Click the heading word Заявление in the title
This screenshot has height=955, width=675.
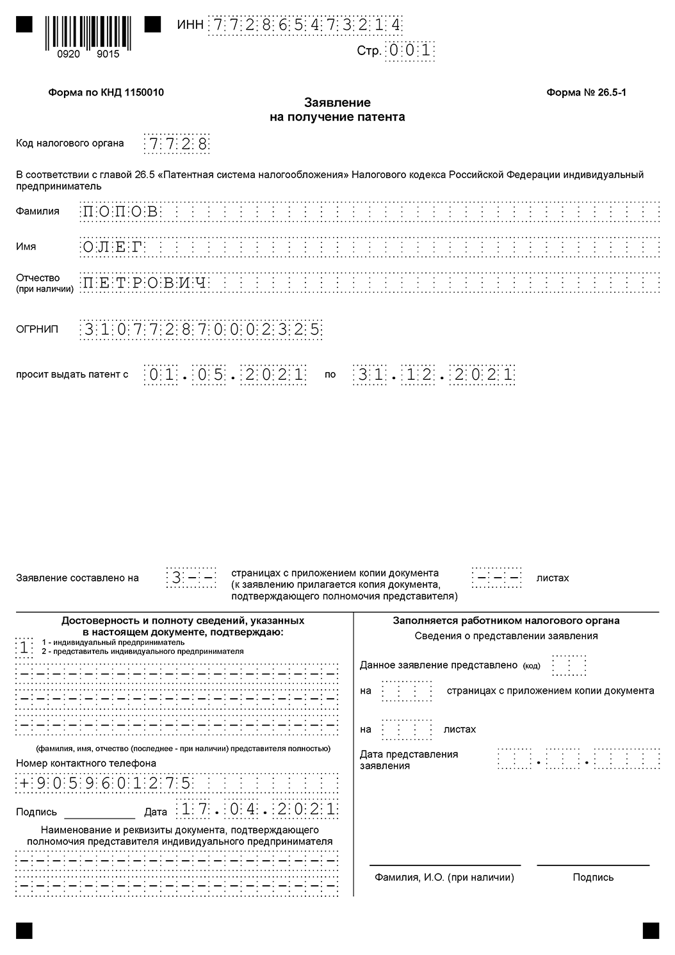pyautogui.click(x=337, y=102)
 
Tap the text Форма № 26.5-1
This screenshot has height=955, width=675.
pyautogui.click(x=586, y=92)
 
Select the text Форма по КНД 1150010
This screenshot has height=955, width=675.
pyautogui.click(x=106, y=92)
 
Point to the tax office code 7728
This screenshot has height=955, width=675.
pyautogui.click(x=176, y=143)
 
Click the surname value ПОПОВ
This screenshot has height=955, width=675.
pyautogui.click(x=120, y=211)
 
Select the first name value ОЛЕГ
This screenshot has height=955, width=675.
pyautogui.click(x=112, y=247)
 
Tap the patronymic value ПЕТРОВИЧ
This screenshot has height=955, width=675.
pyautogui.click(x=145, y=282)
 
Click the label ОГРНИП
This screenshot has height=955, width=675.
pyautogui.click(x=37, y=329)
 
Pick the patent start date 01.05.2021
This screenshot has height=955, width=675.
pyautogui.click(x=225, y=375)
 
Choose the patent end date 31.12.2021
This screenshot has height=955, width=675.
pyautogui.click(x=434, y=375)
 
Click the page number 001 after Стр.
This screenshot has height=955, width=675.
pyautogui.click(x=409, y=50)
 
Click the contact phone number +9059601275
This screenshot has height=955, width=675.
pyautogui.click(x=106, y=783)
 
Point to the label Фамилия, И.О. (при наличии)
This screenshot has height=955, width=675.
pyautogui.click(x=444, y=877)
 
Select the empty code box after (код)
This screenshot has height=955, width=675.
pyautogui.click(x=569, y=665)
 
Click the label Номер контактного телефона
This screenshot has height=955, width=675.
pyautogui.click(x=86, y=763)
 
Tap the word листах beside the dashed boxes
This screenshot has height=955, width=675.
pyautogui.click(x=552, y=578)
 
